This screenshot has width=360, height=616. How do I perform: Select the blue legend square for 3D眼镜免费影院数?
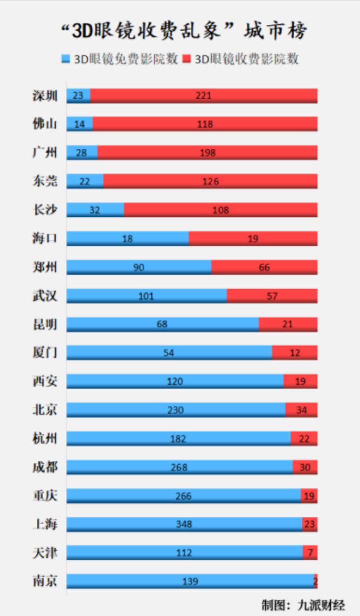65,59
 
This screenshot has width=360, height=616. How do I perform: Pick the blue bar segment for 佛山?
80,123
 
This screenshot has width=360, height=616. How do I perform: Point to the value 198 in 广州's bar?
207,152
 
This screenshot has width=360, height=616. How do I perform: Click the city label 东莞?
45,181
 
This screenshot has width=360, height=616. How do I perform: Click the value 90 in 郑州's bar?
139,267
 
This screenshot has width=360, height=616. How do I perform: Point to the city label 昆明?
45,324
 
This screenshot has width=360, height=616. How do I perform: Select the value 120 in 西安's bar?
175,381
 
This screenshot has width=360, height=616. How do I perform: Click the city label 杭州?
45,438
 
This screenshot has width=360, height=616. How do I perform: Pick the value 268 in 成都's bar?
179,467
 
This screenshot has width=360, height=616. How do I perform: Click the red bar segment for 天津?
310,553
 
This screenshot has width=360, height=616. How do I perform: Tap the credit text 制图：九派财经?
303,605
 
